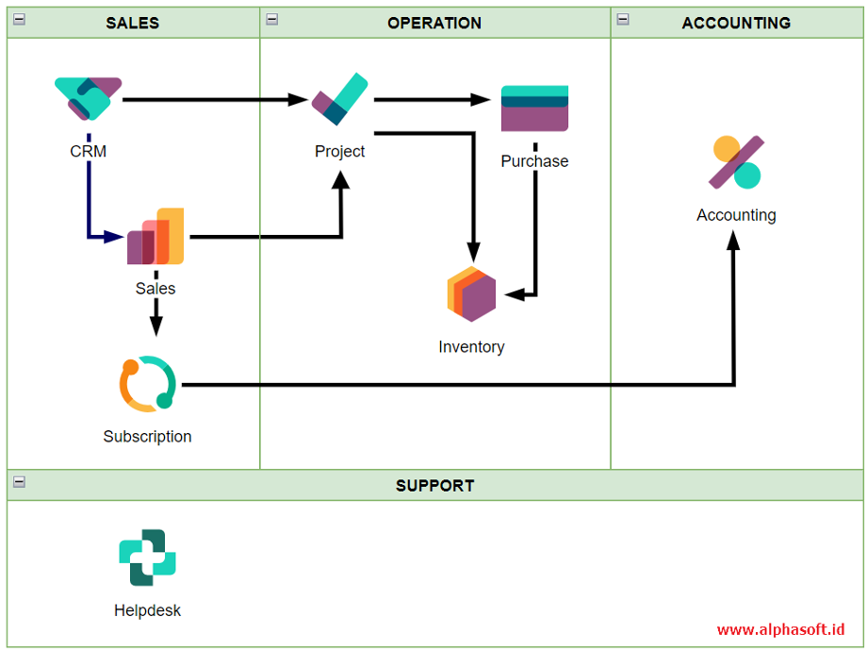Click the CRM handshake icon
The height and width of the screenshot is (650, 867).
click(x=88, y=98)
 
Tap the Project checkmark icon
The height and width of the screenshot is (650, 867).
click(x=339, y=99)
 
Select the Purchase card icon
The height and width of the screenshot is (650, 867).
click(x=534, y=108)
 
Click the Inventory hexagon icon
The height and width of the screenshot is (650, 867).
click(x=471, y=294)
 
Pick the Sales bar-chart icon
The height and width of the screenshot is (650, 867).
click(x=155, y=236)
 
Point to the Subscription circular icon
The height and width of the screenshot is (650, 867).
click(x=148, y=384)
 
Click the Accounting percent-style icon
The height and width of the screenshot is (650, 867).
click(x=737, y=162)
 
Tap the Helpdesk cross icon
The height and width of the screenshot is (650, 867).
click(x=147, y=558)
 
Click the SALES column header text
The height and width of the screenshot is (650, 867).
click(x=133, y=23)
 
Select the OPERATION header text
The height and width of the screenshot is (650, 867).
click(x=434, y=23)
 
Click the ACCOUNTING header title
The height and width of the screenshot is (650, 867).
click(x=737, y=23)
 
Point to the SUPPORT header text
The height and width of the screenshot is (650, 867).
click(x=435, y=486)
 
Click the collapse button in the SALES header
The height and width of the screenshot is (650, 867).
click(x=20, y=20)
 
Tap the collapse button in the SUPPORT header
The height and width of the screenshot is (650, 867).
click(x=20, y=482)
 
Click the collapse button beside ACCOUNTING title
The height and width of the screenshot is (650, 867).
click(x=623, y=20)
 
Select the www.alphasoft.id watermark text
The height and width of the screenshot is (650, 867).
click(x=780, y=629)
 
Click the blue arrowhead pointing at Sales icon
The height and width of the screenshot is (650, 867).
click(x=114, y=237)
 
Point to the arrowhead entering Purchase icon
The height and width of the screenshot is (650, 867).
click(x=480, y=100)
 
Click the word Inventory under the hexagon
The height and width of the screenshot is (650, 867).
click(x=471, y=346)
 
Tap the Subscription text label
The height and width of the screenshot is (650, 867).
click(x=148, y=436)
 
